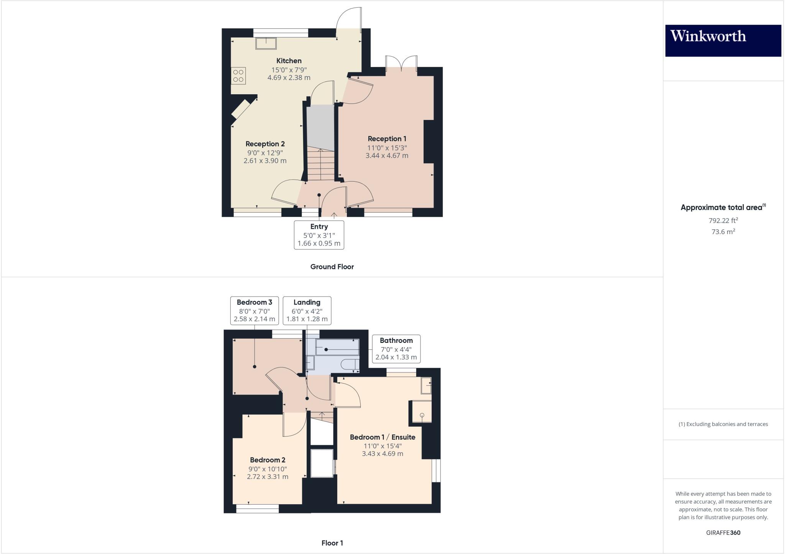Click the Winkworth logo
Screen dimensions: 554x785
tap(723, 40)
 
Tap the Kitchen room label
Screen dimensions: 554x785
tap(289, 61)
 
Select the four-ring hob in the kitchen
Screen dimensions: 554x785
tap(238, 75)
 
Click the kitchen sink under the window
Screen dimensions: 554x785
tap(266, 43)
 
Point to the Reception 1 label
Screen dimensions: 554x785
tap(387, 139)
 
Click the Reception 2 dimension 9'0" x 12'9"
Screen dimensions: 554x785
tap(265, 152)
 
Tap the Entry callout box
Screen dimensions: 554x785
tap(319, 234)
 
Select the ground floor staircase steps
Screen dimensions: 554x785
tap(321, 165)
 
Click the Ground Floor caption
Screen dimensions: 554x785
tap(332, 267)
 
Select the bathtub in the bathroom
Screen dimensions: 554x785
tap(337, 347)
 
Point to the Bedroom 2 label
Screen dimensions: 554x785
tap(268, 460)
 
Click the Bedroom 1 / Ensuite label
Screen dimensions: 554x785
tap(383, 437)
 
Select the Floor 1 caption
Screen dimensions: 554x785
tap(332, 543)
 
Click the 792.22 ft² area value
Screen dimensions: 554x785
tap(723, 220)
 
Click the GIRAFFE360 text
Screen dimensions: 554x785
tap(723, 533)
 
